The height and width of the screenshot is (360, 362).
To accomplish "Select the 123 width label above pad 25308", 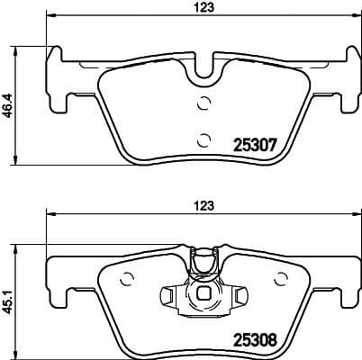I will coord(207,204).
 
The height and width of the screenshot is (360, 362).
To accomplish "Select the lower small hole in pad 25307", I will coord(203,139).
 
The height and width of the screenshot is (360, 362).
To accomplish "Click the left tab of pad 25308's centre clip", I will coord(167,293).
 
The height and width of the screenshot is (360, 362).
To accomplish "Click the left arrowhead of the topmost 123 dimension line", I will coord(50,16).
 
